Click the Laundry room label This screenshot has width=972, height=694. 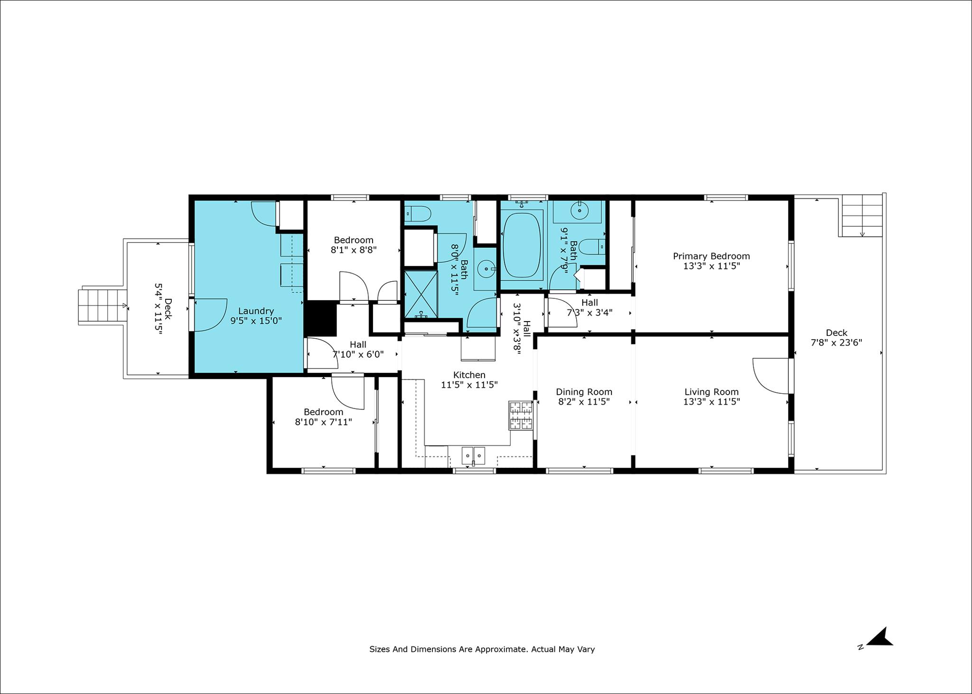pyautogui.click(x=256, y=311)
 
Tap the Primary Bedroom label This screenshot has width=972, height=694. pyautogui.click(x=711, y=256)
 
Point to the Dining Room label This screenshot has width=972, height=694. pyautogui.click(x=584, y=392)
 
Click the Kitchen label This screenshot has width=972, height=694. pyautogui.click(x=469, y=375)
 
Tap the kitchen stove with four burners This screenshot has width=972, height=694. pyautogui.click(x=521, y=415)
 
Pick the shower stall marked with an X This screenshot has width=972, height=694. pyautogui.click(x=421, y=294)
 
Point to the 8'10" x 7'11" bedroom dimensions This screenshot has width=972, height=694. pyautogui.click(x=323, y=422)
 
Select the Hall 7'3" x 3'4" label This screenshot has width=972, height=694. pyautogui.click(x=589, y=307)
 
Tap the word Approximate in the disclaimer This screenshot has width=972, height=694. pyautogui.click(x=501, y=649)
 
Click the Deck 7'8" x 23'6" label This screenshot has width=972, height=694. pyautogui.click(x=836, y=338)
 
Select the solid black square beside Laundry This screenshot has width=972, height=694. pyautogui.click(x=320, y=318)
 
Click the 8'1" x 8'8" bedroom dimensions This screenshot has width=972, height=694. pyautogui.click(x=354, y=250)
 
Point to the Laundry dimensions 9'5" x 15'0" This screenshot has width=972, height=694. pyautogui.click(x=256, y=321)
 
